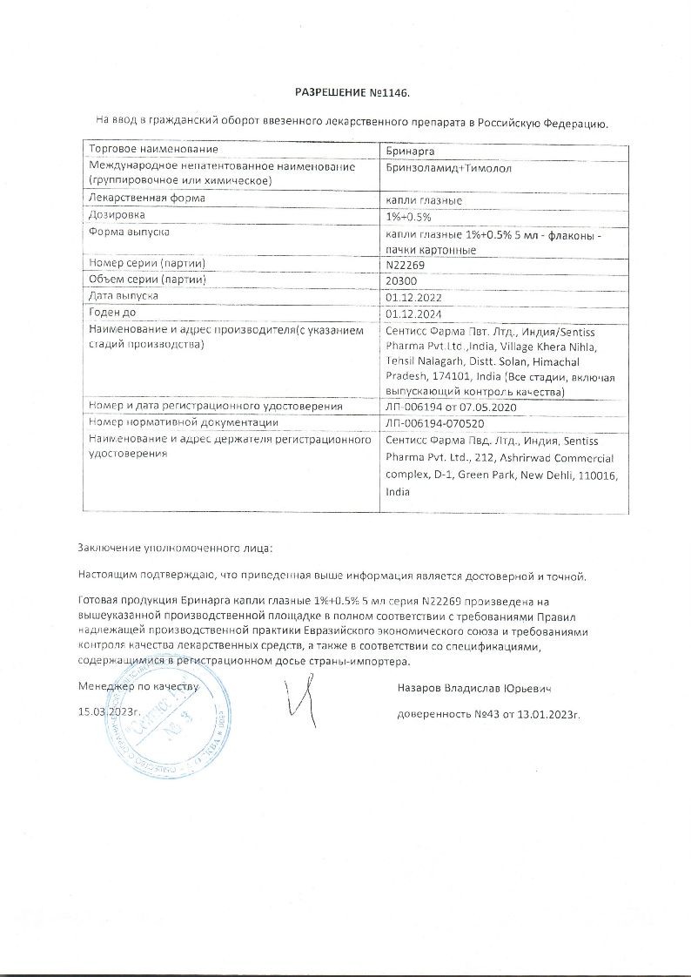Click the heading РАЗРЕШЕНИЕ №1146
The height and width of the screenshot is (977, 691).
(351, 92)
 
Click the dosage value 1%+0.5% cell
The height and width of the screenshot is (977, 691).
(408, 215)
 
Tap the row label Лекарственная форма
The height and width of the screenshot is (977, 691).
(147, 199)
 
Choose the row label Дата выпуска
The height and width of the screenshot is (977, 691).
(124, 296)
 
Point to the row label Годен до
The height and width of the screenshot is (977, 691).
(114, 313)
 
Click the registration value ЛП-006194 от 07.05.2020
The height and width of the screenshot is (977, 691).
(451, 407)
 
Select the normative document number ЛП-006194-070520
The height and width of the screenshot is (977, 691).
(434, 423)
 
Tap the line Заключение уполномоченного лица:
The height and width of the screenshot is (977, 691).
(174, 549)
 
